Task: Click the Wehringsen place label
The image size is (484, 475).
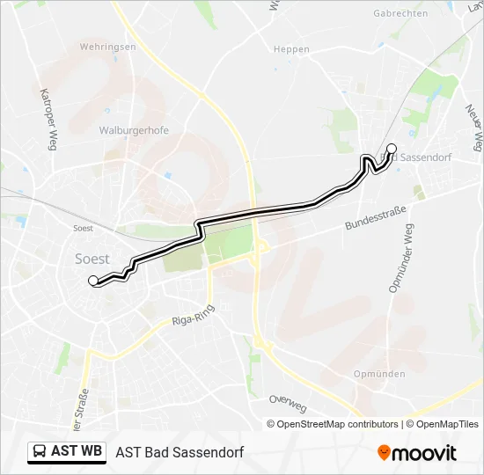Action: click(x=107, y=47)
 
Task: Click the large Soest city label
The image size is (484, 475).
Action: click(x=92, y=259)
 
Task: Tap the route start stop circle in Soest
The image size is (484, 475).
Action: click(x=92, y=281)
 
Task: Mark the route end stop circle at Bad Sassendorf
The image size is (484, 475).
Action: click(x=392, y=149)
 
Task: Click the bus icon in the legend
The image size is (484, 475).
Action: click(x=39, y=452)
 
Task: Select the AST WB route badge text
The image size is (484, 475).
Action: click(x=77, y=452)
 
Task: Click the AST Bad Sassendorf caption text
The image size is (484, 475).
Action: click(x=180, y=452)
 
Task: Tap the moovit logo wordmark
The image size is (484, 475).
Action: click(x=425, y=453)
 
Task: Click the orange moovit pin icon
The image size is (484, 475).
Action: click(x=384, y=453)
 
